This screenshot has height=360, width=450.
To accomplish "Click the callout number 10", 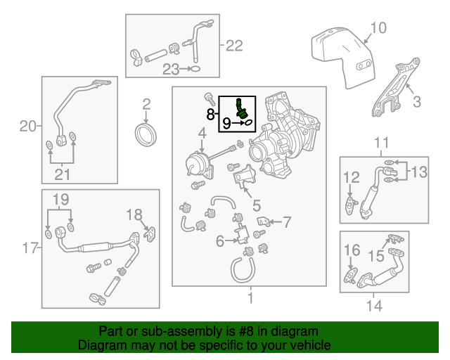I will click(378, 28).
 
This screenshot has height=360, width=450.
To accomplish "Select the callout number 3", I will click(416, 102).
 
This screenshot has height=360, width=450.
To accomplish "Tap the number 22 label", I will click(234, 46).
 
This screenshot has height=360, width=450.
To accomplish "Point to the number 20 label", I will click(27, 127).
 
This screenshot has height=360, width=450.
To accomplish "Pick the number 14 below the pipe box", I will click(374, 306).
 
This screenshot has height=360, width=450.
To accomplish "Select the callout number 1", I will click(249, 299).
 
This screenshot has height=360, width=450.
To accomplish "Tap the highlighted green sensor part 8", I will click(241, 108).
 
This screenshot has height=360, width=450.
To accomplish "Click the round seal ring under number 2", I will click(147, 134).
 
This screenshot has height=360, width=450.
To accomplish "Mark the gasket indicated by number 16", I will click(349, 274).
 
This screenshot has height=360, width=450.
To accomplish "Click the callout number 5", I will click(257, 206).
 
